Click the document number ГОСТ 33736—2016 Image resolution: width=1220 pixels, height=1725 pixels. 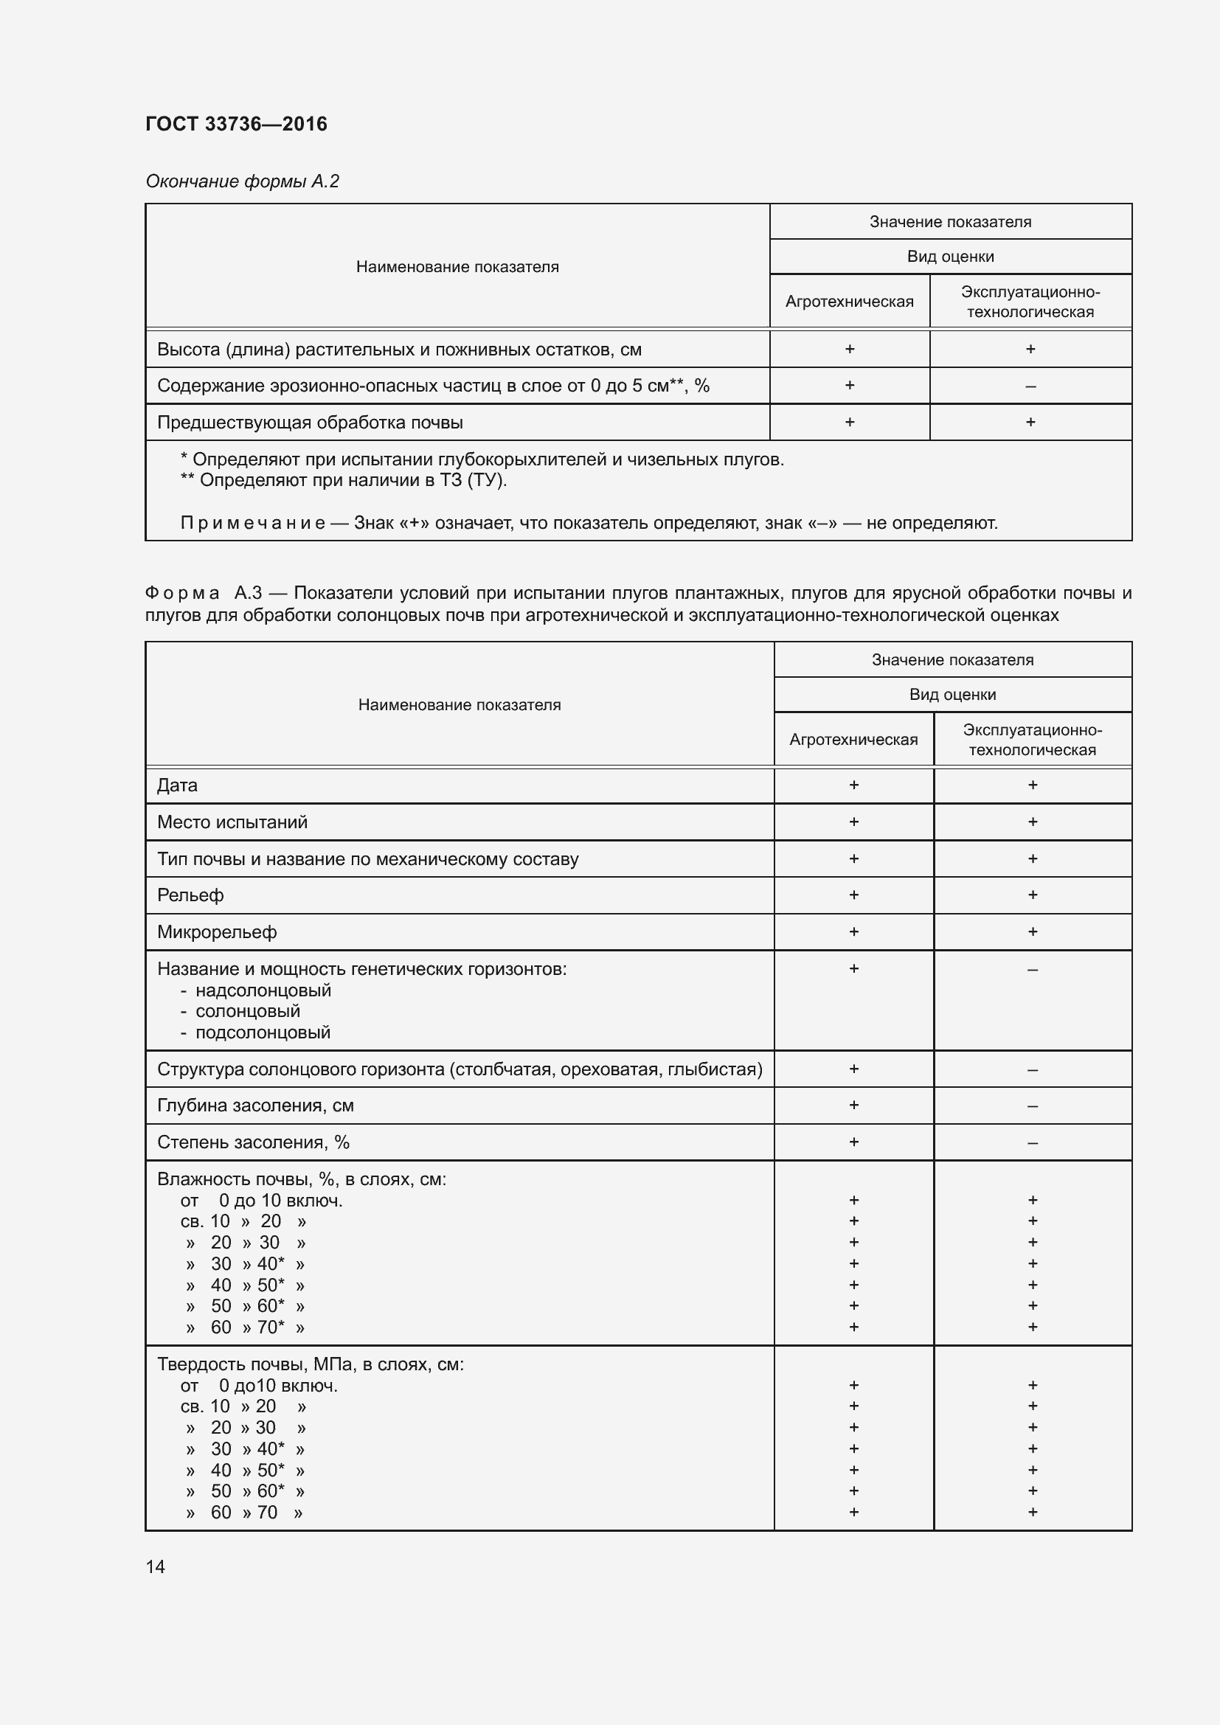[x=236, y=124]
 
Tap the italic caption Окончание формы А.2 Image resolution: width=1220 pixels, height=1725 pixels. [x=242, y=181]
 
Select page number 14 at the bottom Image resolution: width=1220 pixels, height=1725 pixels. [x=155, y=1566]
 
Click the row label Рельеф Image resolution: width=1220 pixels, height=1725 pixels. [x=190, y=895]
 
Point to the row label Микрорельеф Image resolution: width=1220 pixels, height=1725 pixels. [x=216, y=932]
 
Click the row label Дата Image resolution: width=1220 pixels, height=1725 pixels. [x=176, y=785]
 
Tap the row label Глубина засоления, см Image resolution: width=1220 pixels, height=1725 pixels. [x=254, y=1106]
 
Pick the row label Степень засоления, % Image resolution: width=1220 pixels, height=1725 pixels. [x=252, y=1142]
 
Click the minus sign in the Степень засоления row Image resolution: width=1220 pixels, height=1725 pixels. [x=1032, y=1142]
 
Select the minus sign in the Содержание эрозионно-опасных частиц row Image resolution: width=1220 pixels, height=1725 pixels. [x=1030, y=386]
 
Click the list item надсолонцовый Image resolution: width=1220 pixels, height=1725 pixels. [x=263, y=990]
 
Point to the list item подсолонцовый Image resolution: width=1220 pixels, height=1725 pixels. [x=263, y=1032]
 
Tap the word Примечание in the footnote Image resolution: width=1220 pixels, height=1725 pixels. [x=252, y=523]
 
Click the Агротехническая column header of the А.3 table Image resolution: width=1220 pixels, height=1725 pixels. [x=853, y=739]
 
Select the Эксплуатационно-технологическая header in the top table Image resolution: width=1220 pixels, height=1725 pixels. [x=1030, y=302]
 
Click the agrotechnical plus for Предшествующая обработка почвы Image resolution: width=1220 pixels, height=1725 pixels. [x=850, y=423]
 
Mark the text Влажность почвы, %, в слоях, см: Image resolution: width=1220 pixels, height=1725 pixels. [x=301, y=1179]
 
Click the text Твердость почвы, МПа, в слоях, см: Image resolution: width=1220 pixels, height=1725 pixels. [x=310, y=1364]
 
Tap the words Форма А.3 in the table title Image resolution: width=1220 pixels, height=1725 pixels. [x=203, y=593]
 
